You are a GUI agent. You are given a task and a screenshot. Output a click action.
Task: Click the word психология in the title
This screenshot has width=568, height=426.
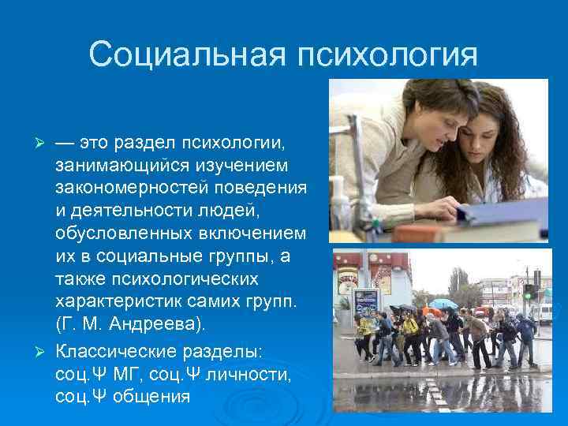click(387, 55)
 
